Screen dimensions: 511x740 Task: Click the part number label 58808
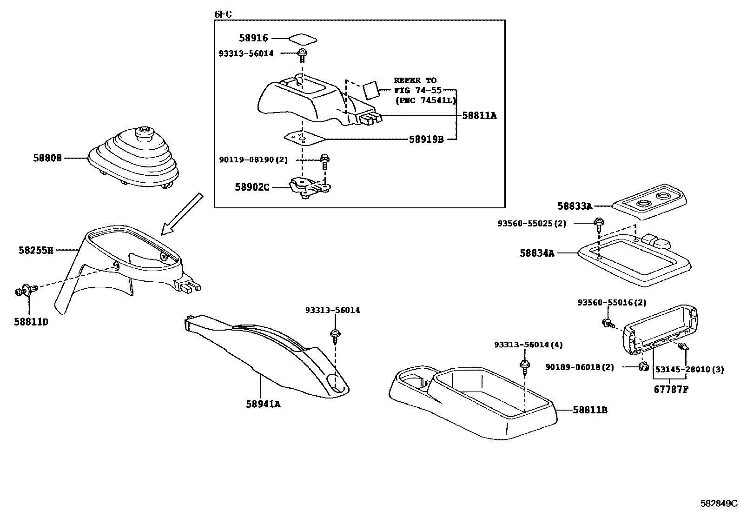[x=47, y=158]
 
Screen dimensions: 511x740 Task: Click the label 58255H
[x=36, y=250]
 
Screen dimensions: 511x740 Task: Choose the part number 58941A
[x=263, y=404]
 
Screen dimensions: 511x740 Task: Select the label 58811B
[x=590, y=410]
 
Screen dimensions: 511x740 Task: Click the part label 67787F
[x=671, y=389]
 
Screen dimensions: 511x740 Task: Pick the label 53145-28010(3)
[x=689, y=369]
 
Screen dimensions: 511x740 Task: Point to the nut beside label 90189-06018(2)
[x=644, y=367]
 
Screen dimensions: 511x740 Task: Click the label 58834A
[x=537, y=253]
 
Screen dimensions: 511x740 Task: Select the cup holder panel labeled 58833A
[x=649, y=206]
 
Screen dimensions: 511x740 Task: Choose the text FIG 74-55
[x=417, y=90]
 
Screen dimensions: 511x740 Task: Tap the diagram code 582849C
[x=719, y=503]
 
